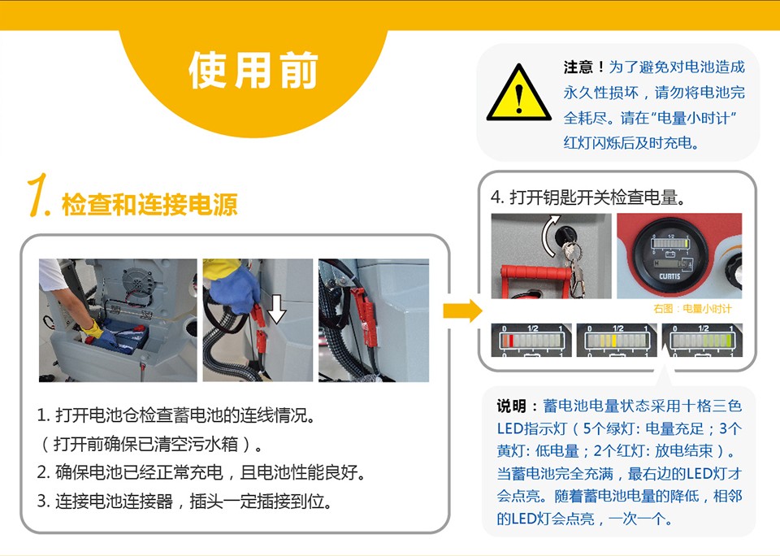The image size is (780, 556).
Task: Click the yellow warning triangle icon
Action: [519, 93]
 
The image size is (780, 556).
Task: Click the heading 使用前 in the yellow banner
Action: [253, 70]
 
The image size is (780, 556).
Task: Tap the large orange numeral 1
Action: [38, 195]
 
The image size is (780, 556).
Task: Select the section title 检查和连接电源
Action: [149, 204]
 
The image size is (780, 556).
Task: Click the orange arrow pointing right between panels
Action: [462, 311]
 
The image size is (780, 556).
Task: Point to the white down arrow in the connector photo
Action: [276, 309]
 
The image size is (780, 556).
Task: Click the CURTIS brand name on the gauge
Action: [669, 276]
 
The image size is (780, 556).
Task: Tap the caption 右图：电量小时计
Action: [692, 309]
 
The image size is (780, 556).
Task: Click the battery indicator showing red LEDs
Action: [531, 340]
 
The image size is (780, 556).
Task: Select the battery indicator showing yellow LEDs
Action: [617, 340]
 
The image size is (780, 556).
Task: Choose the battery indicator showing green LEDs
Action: [702, 340]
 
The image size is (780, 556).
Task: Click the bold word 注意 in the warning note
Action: [578, 67]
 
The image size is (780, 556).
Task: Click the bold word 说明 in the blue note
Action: [511, 406]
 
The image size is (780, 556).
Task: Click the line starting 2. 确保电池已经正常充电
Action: [201, 472]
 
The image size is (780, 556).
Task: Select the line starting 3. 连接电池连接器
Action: [184, 502]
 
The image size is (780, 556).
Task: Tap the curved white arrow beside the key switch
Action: [549, 236]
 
